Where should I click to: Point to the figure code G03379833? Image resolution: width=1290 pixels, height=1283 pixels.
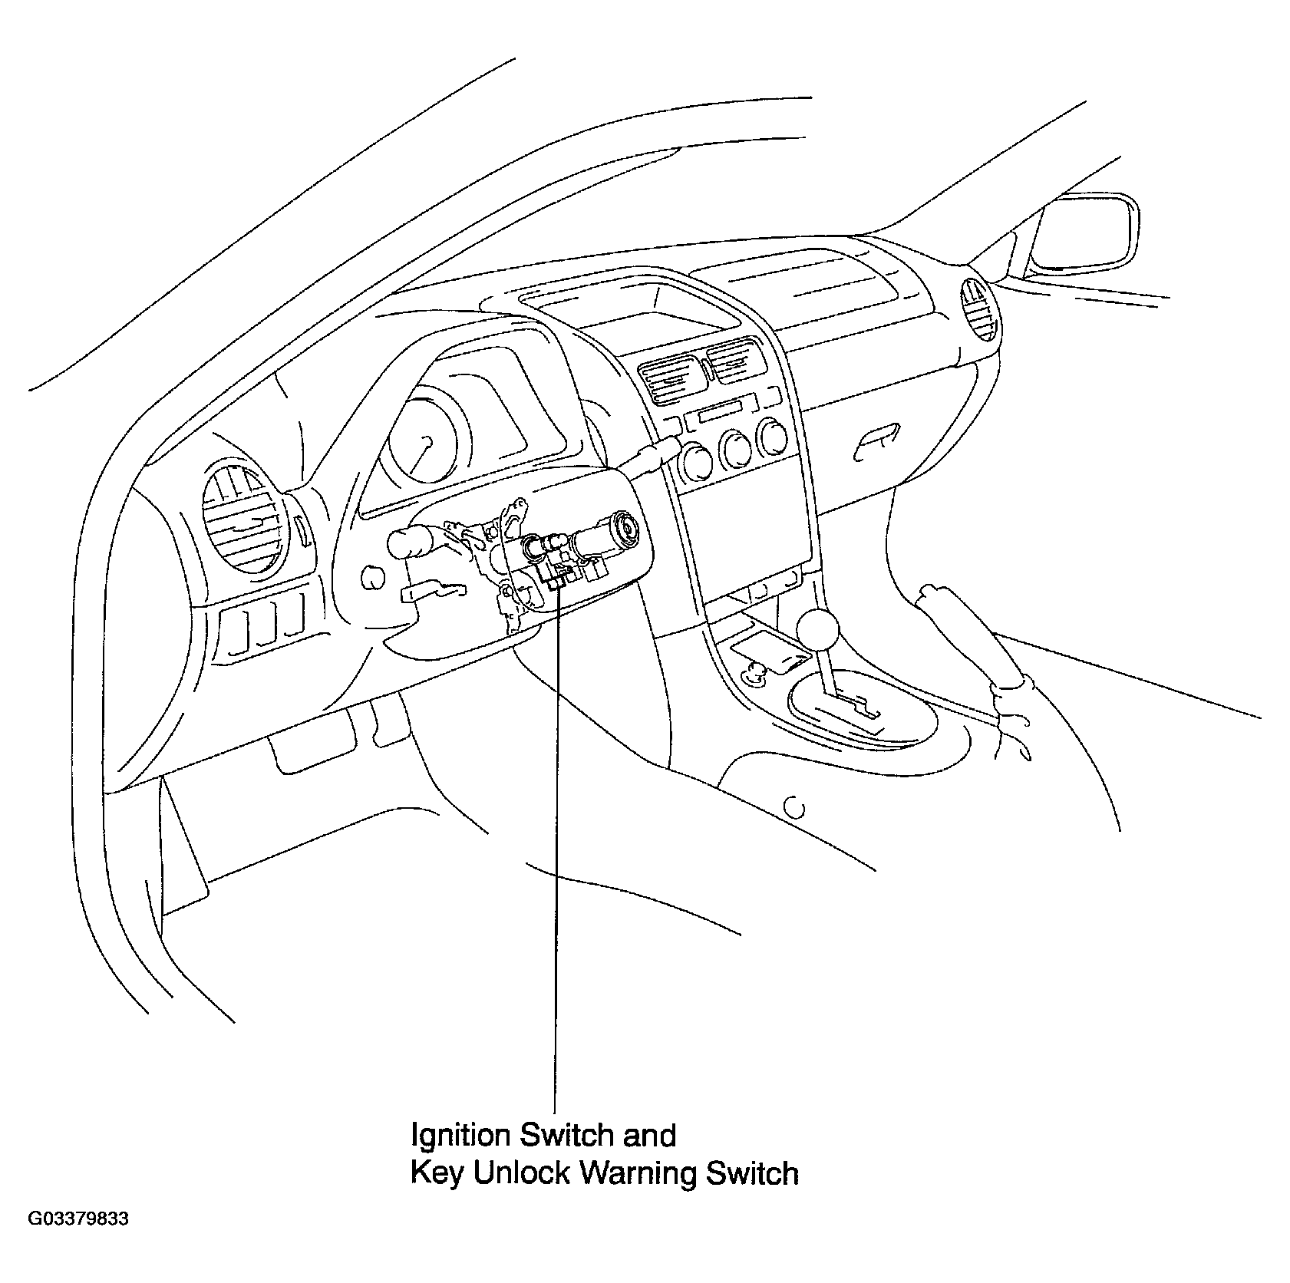(x=78, y=1241)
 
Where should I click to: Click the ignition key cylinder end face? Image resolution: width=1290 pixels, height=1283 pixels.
(x=631, y=527)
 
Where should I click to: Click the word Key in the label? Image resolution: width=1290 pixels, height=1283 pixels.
(x=436, y=1174)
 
